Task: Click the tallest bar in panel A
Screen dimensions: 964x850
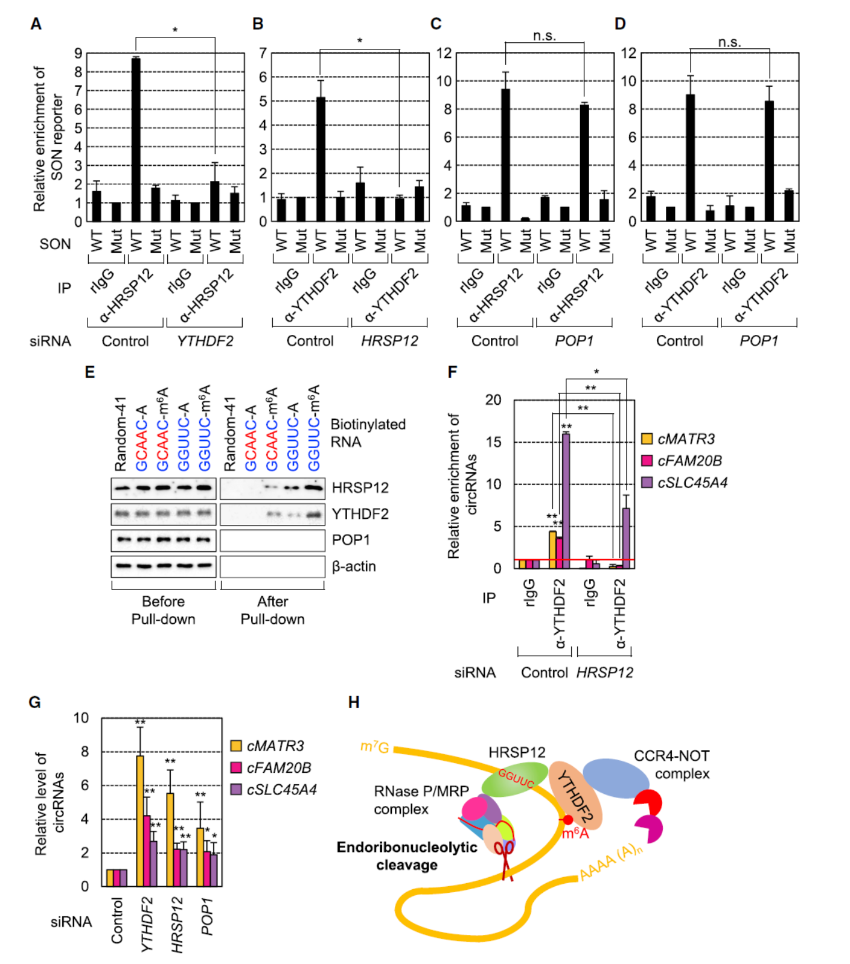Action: click(x=136, y=139)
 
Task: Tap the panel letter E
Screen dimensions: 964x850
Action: click(x=90, y=372)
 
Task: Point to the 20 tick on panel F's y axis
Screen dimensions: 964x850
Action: click(x=494, y=400)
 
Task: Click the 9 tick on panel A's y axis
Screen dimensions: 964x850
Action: click(x=78, y=53)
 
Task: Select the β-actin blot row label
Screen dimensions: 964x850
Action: click(x=354, y=566)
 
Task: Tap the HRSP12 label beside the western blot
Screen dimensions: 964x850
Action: click(x=360, y=487)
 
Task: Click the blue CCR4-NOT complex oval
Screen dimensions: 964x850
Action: click(x=616, y=778)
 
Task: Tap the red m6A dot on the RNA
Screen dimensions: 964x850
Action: click(x=567, y=820)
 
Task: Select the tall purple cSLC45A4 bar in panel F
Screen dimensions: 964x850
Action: click(x=566, y=501)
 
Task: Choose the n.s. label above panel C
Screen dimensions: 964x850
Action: click(x=545, y=36)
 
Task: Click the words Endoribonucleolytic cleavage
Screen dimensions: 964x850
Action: click(x=407, y=856)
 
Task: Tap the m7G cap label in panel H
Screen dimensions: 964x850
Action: click(x=374, y=747)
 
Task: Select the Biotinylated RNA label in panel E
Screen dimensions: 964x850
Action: click(x=368, y=433)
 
